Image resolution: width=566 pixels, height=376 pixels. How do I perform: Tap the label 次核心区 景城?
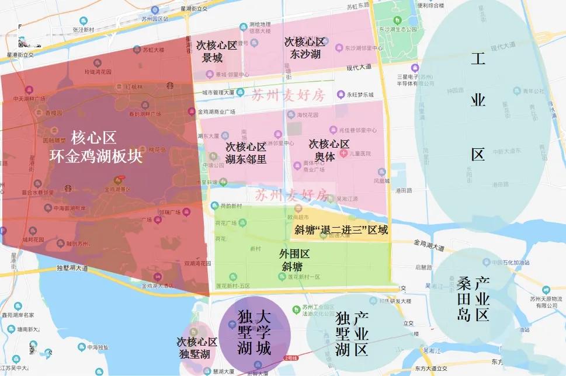pos(216,51)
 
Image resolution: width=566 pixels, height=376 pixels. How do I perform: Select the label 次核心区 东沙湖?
pos(304,48)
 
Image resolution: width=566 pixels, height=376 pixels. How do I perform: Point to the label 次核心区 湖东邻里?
pos(246,153)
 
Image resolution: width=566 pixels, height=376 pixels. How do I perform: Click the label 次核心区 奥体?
pos(329,150)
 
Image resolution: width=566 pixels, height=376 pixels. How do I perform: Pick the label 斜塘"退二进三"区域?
pos(342,229)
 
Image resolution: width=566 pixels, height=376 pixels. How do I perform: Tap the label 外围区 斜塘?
pos(294,260)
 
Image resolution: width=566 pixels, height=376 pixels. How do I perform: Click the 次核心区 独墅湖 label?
pos(197,347)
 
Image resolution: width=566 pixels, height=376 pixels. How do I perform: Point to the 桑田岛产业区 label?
pos(473,298)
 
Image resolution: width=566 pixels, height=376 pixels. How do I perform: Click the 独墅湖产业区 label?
pos(352,333)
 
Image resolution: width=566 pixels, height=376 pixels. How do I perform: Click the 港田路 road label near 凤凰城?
pos(403,191)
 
